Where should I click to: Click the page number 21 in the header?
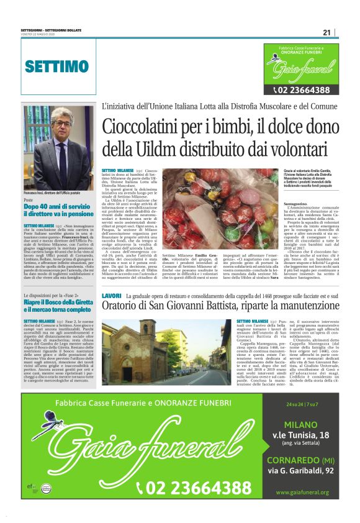326,33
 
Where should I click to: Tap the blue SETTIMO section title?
56,66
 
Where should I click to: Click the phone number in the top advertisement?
301,90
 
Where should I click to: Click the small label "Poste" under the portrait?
29,199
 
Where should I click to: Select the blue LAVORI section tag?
112,296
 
